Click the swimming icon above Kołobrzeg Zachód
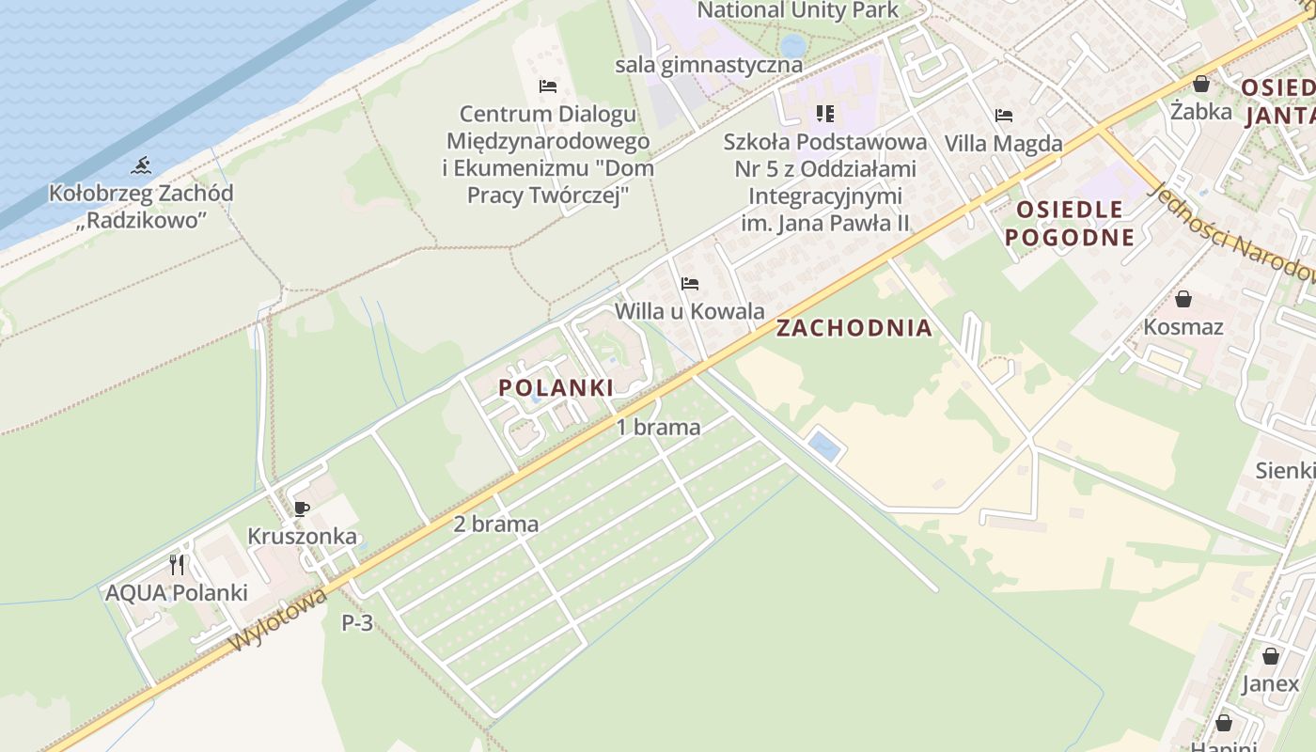(x=141, y=166)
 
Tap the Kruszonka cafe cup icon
(x=301, y=509)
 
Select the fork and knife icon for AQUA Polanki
(x=177, y=565)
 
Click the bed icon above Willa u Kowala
(x=690, y=283)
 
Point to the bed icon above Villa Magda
(x=1004, y=116)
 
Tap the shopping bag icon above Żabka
(x=1200, y=84)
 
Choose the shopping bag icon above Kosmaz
(x=1183, y=299)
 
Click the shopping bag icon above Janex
(x=1270, y=655)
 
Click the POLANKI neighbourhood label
(x=556, y=387)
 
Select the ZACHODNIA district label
(x=854, y=328)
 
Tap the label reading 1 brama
(x=658, y=427)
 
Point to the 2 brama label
(x=495, y=525)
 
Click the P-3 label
(x=357, y=622)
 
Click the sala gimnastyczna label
(x=709, y=65)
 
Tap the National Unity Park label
(x=798, y=10)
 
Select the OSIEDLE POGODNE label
(x=1070, y=223)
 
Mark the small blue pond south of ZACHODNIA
(x=824, y=446)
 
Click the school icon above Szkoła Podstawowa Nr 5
(x=824, y=114)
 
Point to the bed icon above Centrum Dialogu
(x=548, y=86)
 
